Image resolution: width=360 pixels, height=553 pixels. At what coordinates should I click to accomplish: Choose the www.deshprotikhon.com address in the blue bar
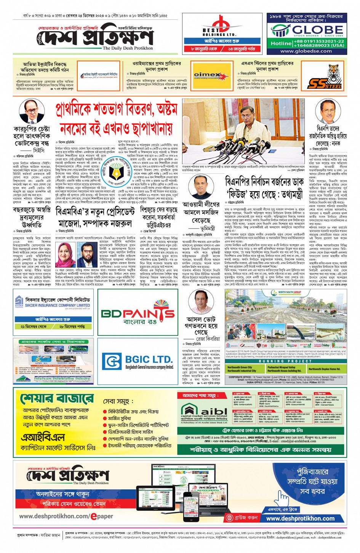[x=300, y=518]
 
